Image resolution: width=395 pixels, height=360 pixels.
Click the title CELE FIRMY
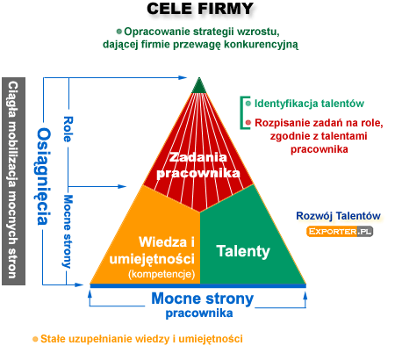[x=200, y=9]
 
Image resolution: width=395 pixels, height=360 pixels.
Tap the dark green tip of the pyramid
[x=199, y=86]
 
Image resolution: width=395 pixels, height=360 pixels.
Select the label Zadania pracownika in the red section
[x=198, y=165]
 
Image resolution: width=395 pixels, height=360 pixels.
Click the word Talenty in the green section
[x=243, y=251]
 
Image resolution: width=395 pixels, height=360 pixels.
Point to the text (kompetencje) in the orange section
[x=162, y=274]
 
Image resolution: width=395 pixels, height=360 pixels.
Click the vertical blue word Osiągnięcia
[x=44, y=176]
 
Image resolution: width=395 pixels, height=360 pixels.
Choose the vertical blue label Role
[x=68, y=129]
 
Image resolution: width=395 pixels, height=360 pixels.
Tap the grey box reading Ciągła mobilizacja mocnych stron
[x=13, y=181]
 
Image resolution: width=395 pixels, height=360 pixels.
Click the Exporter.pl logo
[x=340, y=232]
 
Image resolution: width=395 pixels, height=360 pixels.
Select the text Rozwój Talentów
[x=338, y=216]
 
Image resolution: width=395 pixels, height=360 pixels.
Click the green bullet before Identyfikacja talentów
[x=248, y=104]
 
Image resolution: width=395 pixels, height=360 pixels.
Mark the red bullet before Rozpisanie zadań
[x=248, y=123]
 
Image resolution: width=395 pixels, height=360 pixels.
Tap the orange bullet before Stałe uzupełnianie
[x=35, y=339]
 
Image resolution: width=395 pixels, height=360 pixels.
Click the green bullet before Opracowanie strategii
[x=118, y=31]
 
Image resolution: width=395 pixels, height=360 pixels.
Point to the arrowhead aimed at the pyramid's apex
[x=183, y=77]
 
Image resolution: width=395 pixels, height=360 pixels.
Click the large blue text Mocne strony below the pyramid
[x=203, y=299]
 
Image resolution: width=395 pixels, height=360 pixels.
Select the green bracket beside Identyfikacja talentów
[x=241, y=112]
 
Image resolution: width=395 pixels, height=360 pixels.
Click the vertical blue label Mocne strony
[x=68, y=232]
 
